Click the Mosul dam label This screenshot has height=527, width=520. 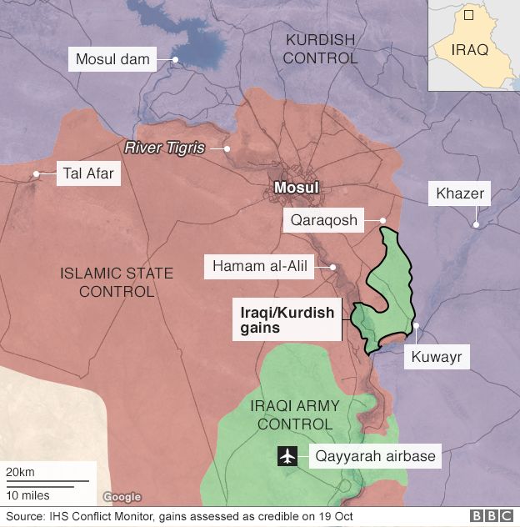112,59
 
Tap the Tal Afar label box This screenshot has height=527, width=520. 87,174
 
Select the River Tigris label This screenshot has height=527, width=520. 164,148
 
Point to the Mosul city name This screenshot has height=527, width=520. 297,188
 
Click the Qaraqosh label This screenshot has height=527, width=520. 323,221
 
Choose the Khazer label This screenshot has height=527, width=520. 459,195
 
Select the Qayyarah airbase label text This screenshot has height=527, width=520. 374,457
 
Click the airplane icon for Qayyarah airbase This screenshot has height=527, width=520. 288,457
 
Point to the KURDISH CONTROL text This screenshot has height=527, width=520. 320,49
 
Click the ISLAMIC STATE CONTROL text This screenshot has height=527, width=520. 117,282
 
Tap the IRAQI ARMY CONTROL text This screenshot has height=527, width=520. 295,414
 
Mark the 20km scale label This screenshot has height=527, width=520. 20,473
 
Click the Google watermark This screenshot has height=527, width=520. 122,497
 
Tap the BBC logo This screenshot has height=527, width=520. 491,517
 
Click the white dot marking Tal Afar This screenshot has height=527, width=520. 37,174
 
